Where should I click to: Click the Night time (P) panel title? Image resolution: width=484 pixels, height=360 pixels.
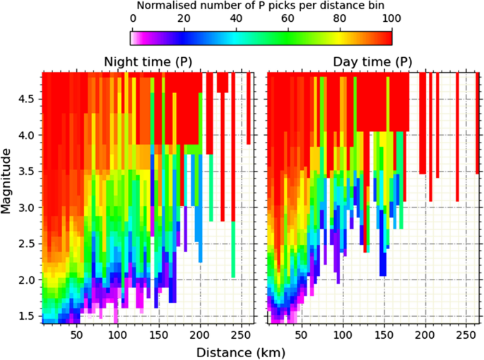pyautogui.click(x=148, y=61)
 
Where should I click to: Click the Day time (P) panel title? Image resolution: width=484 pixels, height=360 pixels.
pyautogui.click(x=372, y=61)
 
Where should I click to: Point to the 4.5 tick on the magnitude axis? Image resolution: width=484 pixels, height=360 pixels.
pyautogui.click(x=26, y=99)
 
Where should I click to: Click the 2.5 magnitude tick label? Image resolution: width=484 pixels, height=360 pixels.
pyautogui.click(x=26, y=244)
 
